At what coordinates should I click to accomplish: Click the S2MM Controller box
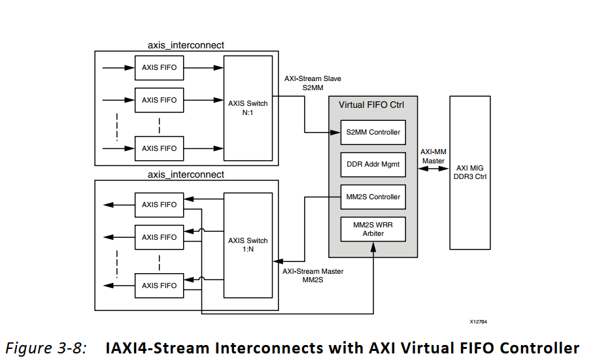[373, 133]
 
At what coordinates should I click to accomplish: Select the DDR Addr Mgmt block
[373, 165]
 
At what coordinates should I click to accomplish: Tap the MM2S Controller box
[373, 197]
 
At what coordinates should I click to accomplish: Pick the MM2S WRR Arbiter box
[373, 229]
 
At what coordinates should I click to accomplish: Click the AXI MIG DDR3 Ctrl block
[469, 172]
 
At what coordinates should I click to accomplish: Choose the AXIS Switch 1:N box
[248, 244]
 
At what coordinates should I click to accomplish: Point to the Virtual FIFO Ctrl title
[372, 105]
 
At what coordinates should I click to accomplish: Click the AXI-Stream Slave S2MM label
[313, 82]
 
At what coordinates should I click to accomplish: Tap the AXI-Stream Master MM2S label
[313, 275]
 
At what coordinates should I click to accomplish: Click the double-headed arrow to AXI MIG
[433, 169]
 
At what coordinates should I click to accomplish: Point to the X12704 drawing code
[478, 321]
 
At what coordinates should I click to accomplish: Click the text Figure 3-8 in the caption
[46, 348]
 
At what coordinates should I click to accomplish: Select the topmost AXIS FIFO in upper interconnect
[159, 67]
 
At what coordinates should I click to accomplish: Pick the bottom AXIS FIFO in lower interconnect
[159, 286]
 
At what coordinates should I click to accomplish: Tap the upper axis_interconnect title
[186, 45]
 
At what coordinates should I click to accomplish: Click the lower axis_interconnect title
[186, 174]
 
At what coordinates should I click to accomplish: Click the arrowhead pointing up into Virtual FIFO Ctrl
[373, 247]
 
